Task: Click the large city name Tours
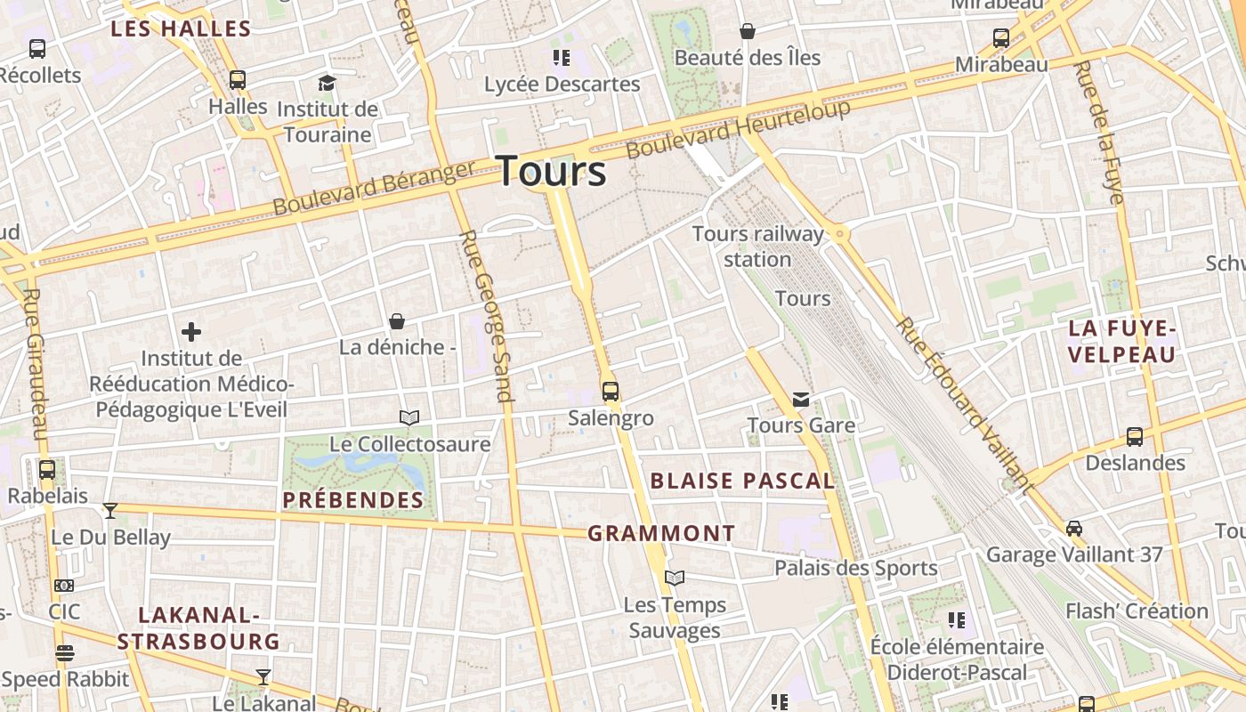[551, 170]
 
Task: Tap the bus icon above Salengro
[611, 392]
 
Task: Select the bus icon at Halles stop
[238, 80]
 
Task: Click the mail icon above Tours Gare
[801, 400]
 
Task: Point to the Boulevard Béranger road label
[374, 189]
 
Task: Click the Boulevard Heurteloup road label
[739, 130]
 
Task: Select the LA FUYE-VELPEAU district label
[1122, 342]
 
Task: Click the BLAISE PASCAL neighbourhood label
[742, 481]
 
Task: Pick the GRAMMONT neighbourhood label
[661, 534]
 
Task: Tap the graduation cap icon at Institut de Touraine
[328, 84]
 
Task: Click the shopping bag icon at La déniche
[397, 321]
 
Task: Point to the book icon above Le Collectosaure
[409, 417]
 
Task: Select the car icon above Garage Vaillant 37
[1074, 529]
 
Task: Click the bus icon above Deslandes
[1135, 437]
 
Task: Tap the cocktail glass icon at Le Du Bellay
[110, 511]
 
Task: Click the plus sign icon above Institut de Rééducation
[191, 333]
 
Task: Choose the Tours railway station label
[758, 247]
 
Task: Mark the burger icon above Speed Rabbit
[65, 653]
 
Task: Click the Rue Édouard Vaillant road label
[965, 405]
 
